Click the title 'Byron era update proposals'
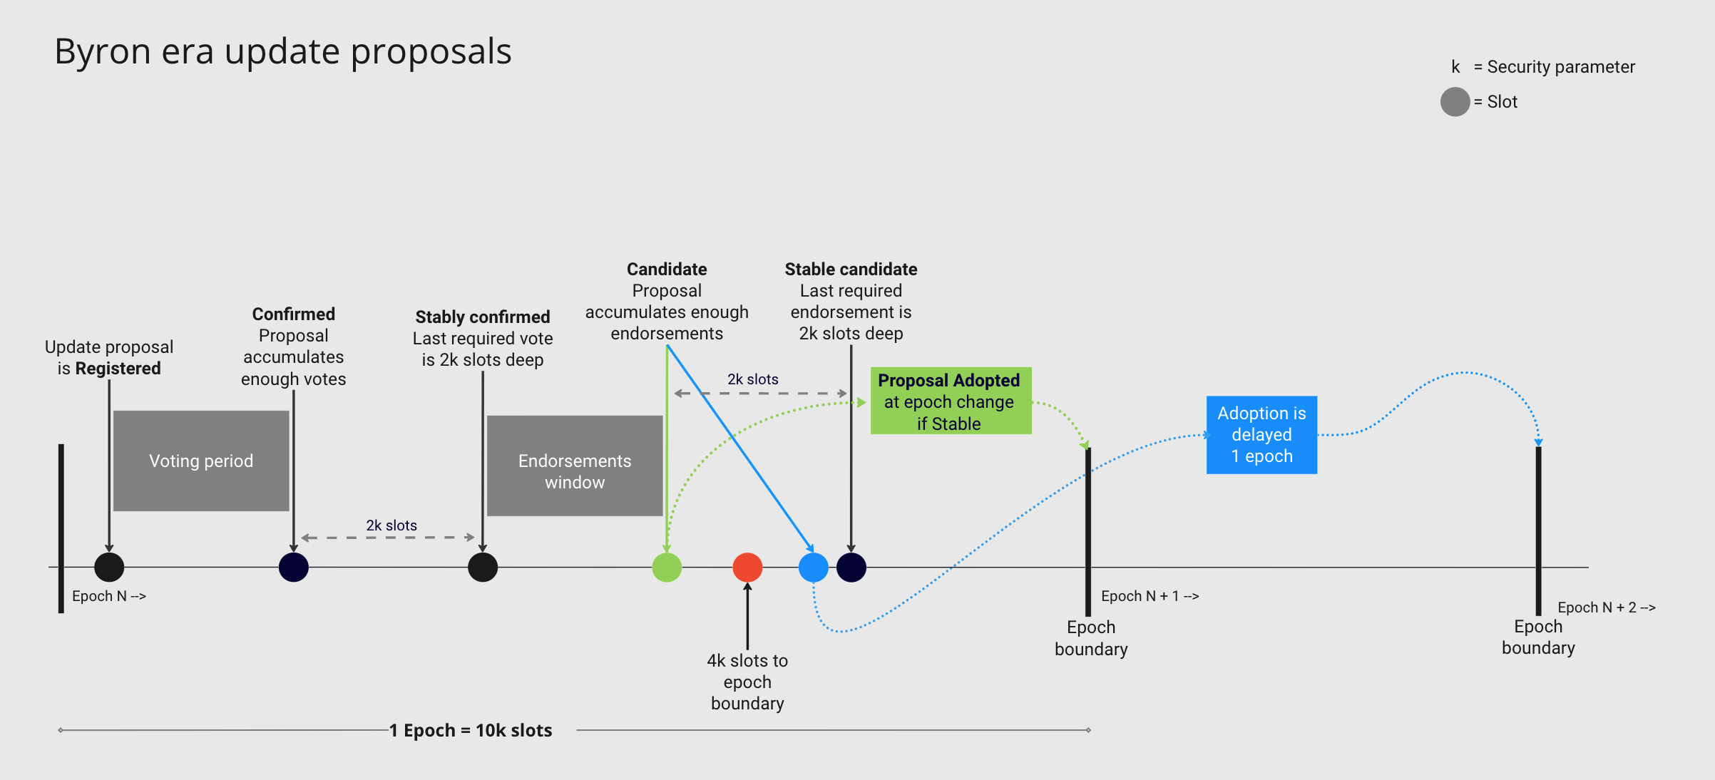283,51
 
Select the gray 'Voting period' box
201,461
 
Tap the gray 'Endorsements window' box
575,466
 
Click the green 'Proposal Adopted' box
951,401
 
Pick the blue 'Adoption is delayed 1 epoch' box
1261,435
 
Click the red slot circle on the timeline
747,568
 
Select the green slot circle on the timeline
667,568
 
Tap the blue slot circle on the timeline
814,568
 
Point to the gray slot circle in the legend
1455,102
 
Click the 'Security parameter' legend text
1560,67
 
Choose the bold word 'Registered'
118,369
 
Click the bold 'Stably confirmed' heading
483,317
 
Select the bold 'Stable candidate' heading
851,270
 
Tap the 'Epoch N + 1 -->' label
1150,596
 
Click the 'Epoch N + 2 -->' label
1606,607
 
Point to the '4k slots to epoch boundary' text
747,682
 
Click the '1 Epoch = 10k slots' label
471,730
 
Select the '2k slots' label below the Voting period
391,525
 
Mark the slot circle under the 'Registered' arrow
109,568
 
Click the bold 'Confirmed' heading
294,314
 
